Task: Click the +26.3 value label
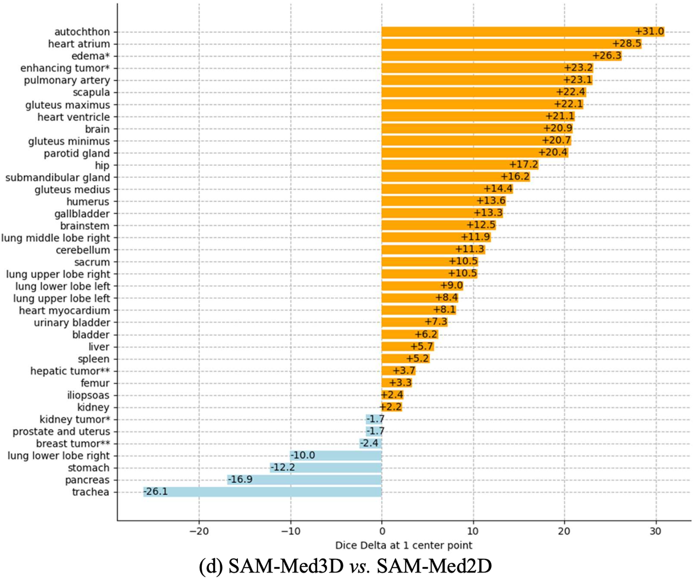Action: [607, 56]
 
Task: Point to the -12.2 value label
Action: [283, 468]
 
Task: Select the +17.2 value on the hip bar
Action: [524, 165]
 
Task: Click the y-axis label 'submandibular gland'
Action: [57, 177]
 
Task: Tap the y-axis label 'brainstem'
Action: [85, 226]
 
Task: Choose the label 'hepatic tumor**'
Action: [70, 371]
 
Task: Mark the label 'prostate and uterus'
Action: [61, 432]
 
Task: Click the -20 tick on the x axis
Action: [199, 531]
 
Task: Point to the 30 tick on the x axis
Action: [655, 531]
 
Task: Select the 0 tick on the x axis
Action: [382, 531]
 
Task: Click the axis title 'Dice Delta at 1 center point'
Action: [404, 545]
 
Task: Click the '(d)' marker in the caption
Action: [211, 566]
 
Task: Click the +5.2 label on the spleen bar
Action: [418, 359]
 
